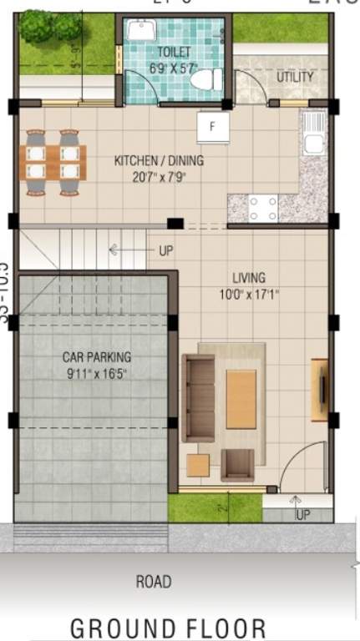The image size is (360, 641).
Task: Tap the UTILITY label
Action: pos(295,78)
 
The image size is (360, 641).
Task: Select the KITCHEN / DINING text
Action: pos(159,160)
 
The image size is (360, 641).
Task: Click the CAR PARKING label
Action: pos(97,357)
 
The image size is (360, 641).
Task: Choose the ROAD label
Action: pos(154,582)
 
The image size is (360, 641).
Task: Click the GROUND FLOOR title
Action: pos(168,627)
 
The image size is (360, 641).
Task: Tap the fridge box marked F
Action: pos(213,128)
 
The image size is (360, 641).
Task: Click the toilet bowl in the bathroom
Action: pos(206,79)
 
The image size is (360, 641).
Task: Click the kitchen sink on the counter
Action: pos(313,134)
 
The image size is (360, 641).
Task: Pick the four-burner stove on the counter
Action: pos(262,207)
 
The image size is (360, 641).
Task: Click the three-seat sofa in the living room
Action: pos(199,396)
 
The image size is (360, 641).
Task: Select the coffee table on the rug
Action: pos(241,399)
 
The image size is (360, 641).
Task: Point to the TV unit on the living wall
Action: pos(319,389)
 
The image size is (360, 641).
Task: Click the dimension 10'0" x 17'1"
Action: pos(249,294)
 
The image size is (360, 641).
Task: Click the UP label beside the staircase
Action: pos(165,250)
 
